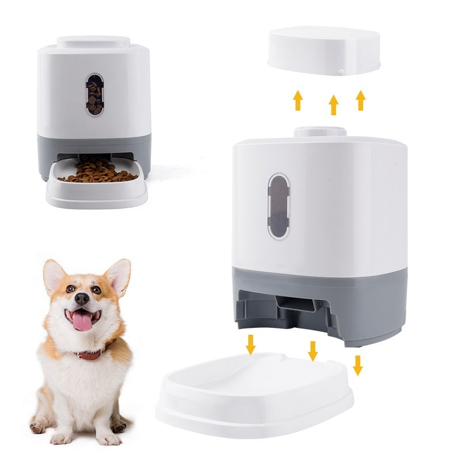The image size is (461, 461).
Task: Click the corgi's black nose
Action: pos(82,298)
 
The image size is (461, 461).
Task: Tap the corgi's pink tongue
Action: pos(82,321)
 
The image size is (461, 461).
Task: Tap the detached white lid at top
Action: pos(324,52)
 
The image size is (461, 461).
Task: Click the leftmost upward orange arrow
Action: pos(297,100)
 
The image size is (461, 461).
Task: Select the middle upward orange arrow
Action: pos(333,105)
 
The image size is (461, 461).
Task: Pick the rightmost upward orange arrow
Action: pos(361,100)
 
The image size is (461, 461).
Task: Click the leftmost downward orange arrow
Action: pos(250,344)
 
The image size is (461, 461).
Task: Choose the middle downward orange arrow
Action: pos(313,350)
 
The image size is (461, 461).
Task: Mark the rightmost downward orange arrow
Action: pos(358,365)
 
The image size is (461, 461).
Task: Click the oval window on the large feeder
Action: pos(278,206)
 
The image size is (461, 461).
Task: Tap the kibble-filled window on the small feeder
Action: pos(95,95)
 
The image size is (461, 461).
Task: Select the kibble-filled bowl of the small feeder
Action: pos(96,175)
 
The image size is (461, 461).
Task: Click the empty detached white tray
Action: pos(254,392)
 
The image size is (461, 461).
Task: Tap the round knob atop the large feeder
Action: pos(320,132)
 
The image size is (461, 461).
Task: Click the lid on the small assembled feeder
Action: pos(93,42)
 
